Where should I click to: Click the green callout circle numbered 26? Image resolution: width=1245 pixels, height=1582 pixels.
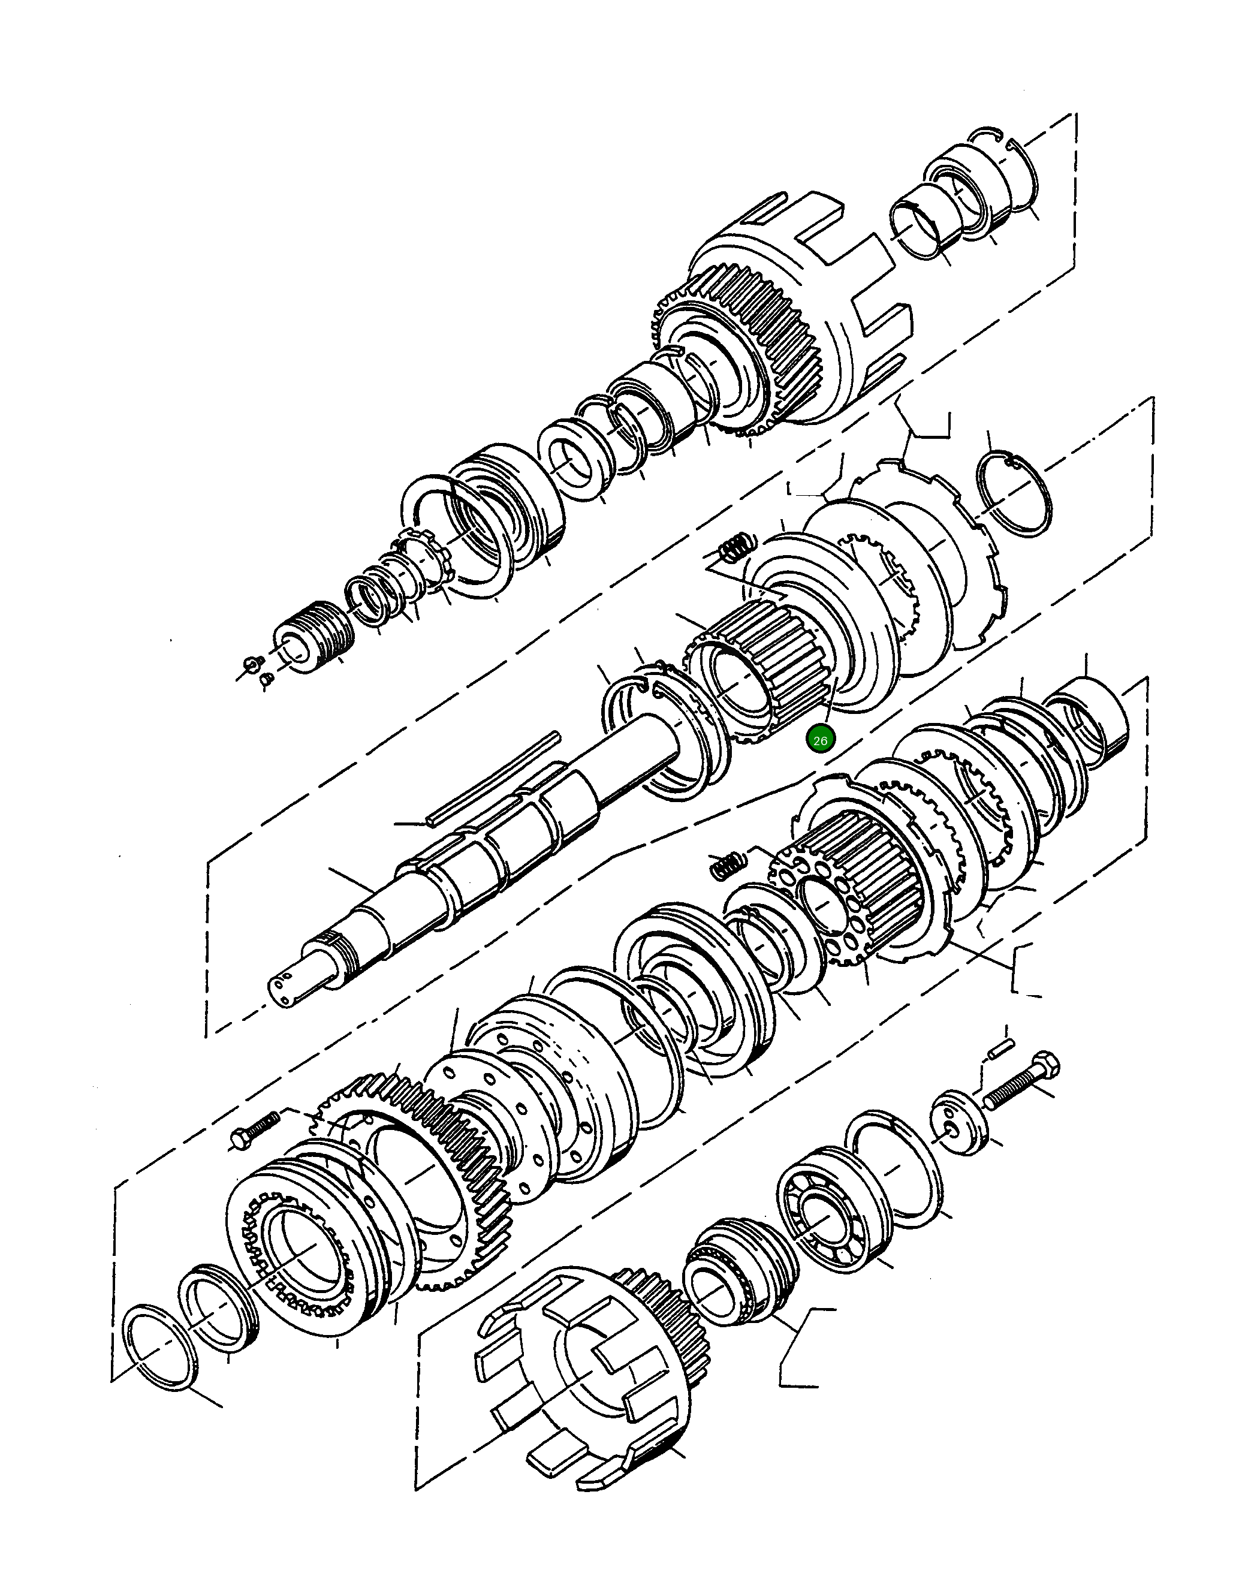point(820,740)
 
